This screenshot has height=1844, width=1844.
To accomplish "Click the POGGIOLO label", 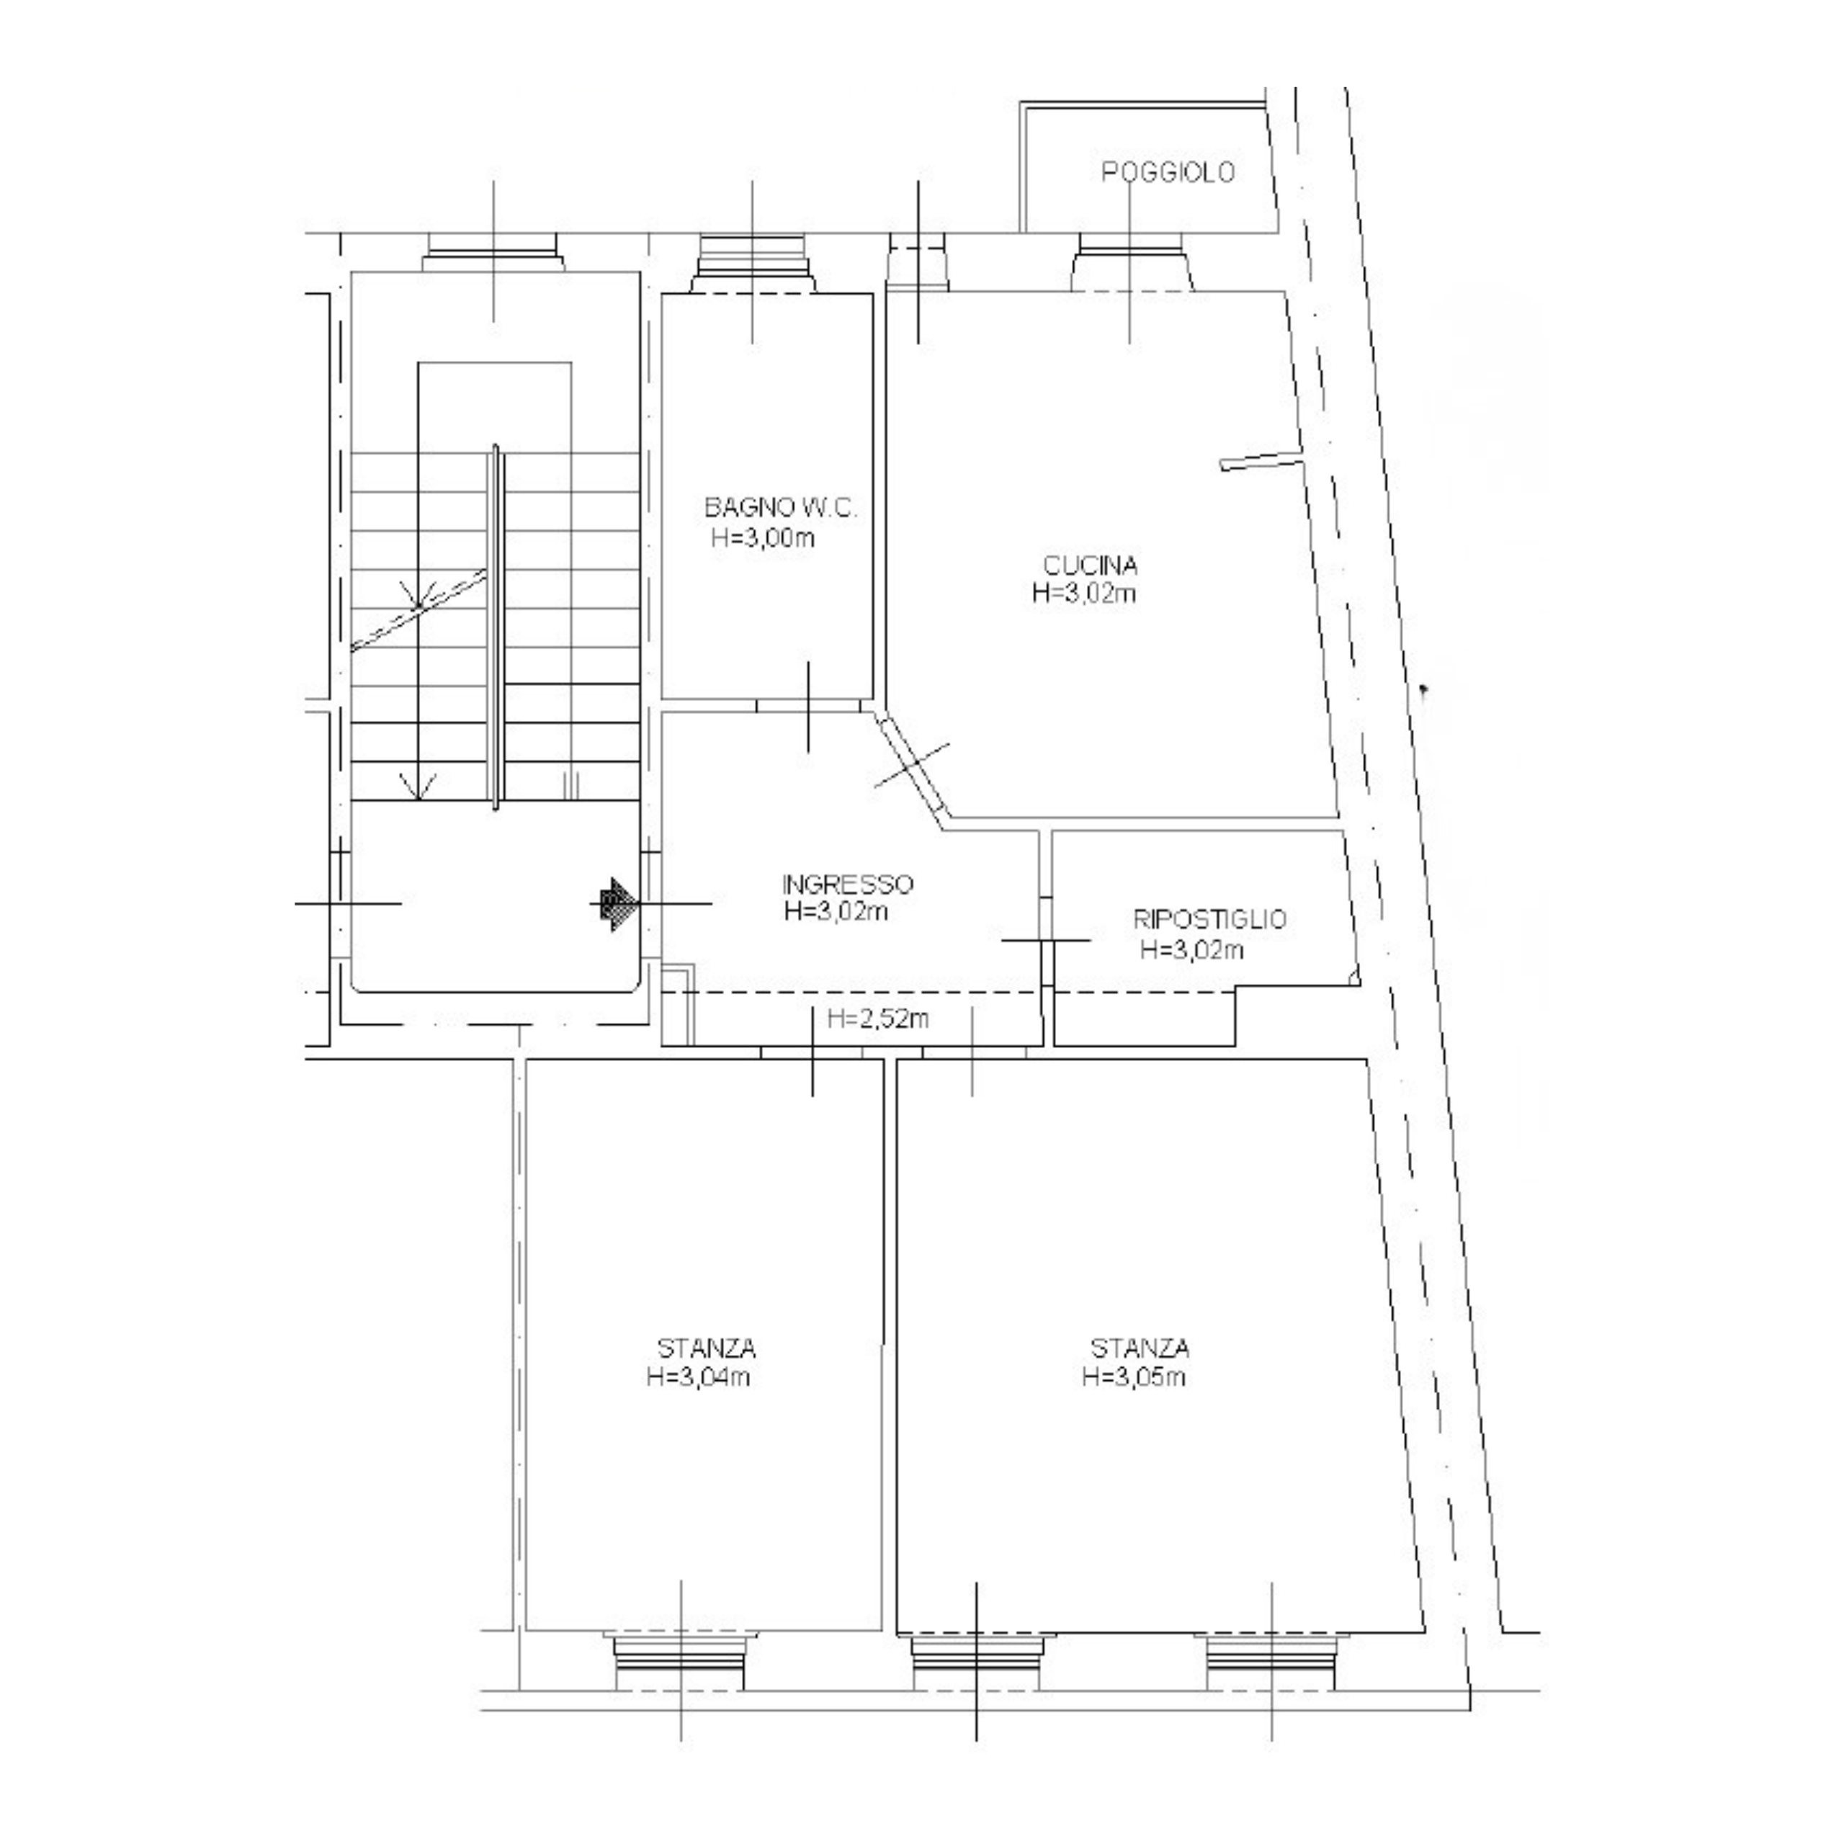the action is (x=1168, y=173).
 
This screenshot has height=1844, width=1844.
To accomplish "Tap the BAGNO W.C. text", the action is (x=781, y=508).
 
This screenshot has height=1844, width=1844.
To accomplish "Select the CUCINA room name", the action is (x=1090, y=566).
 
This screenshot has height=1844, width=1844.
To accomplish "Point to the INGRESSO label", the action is (x=848, y=884).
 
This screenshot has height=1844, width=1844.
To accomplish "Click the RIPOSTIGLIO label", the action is (x=1209, y=919).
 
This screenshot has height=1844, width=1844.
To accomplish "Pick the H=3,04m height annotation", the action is (x=699, y=1377).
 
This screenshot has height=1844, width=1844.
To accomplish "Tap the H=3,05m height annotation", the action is (x=1134, y=1377).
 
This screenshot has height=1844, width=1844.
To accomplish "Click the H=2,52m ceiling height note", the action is (x=878, y=1019).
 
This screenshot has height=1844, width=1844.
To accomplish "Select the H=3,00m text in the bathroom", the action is (x=763, y=538).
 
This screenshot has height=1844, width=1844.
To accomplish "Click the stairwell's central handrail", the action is (x=496, y=627).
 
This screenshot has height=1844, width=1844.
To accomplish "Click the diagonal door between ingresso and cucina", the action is (x=910, y=764).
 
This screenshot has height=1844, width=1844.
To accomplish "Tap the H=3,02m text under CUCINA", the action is (x=1084, y=594).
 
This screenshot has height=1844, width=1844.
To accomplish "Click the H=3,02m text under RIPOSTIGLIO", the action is (x=1192, y=949).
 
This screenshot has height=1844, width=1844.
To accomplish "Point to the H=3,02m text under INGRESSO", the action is (x=836, y=911).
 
